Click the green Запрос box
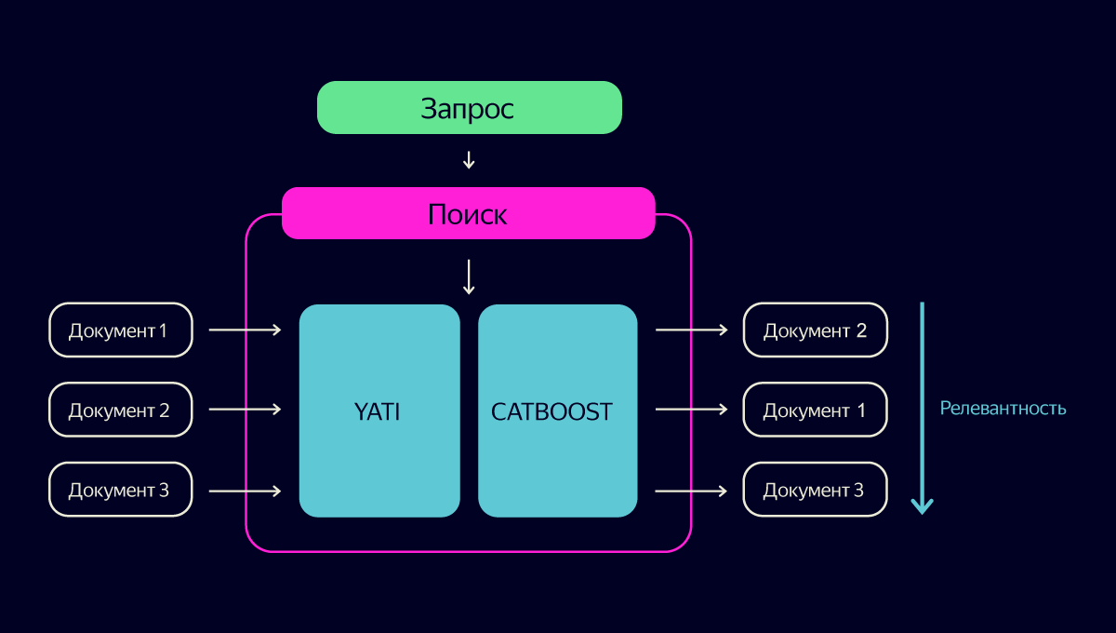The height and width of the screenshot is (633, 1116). coord(470,107)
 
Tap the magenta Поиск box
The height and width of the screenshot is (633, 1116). coord(469,213)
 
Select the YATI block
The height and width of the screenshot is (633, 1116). coord(379,411)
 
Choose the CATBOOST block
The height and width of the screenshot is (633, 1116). coord(557,411)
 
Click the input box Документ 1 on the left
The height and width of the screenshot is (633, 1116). coord(121,330)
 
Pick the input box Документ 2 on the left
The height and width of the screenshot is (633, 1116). coord(121,410)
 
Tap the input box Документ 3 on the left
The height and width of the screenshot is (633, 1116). coord(121,490)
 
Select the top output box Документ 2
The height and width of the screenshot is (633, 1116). coord(815,330)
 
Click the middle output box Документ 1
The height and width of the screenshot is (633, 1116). coord(815,410)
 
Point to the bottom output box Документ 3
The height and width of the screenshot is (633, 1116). coord(815,490)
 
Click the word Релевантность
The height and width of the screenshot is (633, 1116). coord(1003,408)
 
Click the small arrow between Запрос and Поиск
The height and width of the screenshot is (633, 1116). coord(469,160)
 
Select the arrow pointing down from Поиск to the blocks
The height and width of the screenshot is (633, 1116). coord(469,276)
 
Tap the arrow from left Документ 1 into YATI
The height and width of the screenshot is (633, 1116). coord(246,330)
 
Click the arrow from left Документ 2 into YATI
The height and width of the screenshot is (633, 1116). coord(246,410)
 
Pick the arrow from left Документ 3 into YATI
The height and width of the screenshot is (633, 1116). coord(246,492)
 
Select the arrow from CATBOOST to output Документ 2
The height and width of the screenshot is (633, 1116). coord(692,330)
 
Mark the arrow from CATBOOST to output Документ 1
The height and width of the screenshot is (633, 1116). coord(692,410)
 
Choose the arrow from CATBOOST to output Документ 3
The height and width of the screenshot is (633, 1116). coord(692,492)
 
